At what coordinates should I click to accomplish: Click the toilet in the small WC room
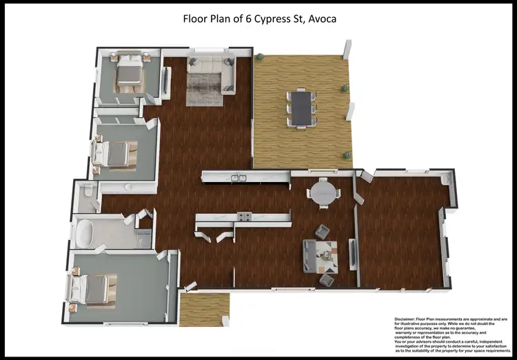point(85,193)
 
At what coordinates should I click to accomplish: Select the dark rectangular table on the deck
point(301,108)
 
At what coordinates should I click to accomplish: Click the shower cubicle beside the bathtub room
point(144,238)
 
